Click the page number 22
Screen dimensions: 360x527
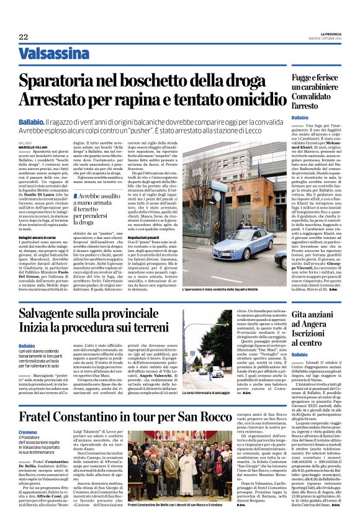pyautogui.click(x=24, y=37)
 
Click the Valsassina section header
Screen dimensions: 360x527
pyautogui.click(x=53, y=54)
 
